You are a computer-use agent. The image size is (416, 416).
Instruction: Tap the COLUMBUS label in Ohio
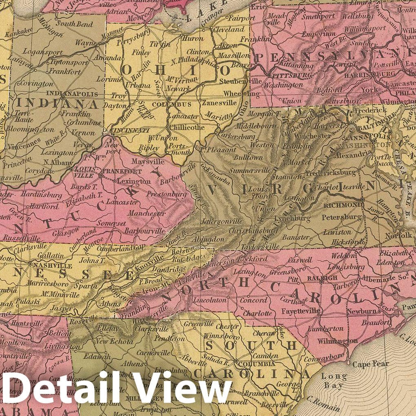coord(177,105)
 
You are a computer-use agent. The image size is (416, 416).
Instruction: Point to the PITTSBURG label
coord(289,75)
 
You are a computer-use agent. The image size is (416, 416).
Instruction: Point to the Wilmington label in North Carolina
coord(333,341)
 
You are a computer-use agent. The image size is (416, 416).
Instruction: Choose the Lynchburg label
coord(292,219)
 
